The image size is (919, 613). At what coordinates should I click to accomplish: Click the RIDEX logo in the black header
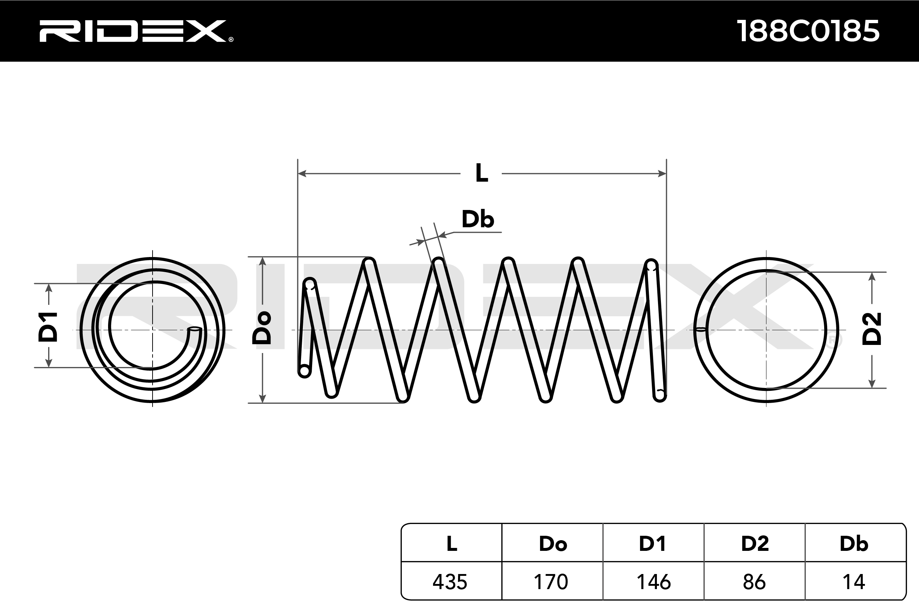(136, 31)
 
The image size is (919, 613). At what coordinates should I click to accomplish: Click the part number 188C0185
(808, 31)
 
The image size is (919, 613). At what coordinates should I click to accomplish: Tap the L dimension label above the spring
(482, 173)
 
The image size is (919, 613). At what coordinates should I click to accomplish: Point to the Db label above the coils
(478, 219)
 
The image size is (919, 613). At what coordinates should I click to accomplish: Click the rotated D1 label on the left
(48, 327)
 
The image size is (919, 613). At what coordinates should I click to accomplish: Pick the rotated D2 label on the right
(872, 329)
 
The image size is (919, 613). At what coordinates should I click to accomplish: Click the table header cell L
(452, 543)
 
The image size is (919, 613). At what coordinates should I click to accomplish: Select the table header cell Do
(553, 544)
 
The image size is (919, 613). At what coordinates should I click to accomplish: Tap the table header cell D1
(652, 543)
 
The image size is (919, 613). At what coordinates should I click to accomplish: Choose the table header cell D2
(755, 543)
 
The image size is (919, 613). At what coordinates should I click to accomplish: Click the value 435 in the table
(450, 582)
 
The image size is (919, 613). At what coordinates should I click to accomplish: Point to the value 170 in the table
(551, 582)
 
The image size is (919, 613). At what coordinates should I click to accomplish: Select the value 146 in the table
(654, 582)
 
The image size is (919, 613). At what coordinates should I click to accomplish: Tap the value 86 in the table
(755, 582)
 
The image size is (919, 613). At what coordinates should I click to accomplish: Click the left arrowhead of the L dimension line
(302, 173)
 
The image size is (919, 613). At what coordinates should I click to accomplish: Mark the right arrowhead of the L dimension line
(662, 173)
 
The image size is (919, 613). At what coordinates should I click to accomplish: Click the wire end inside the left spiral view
(194, 330)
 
